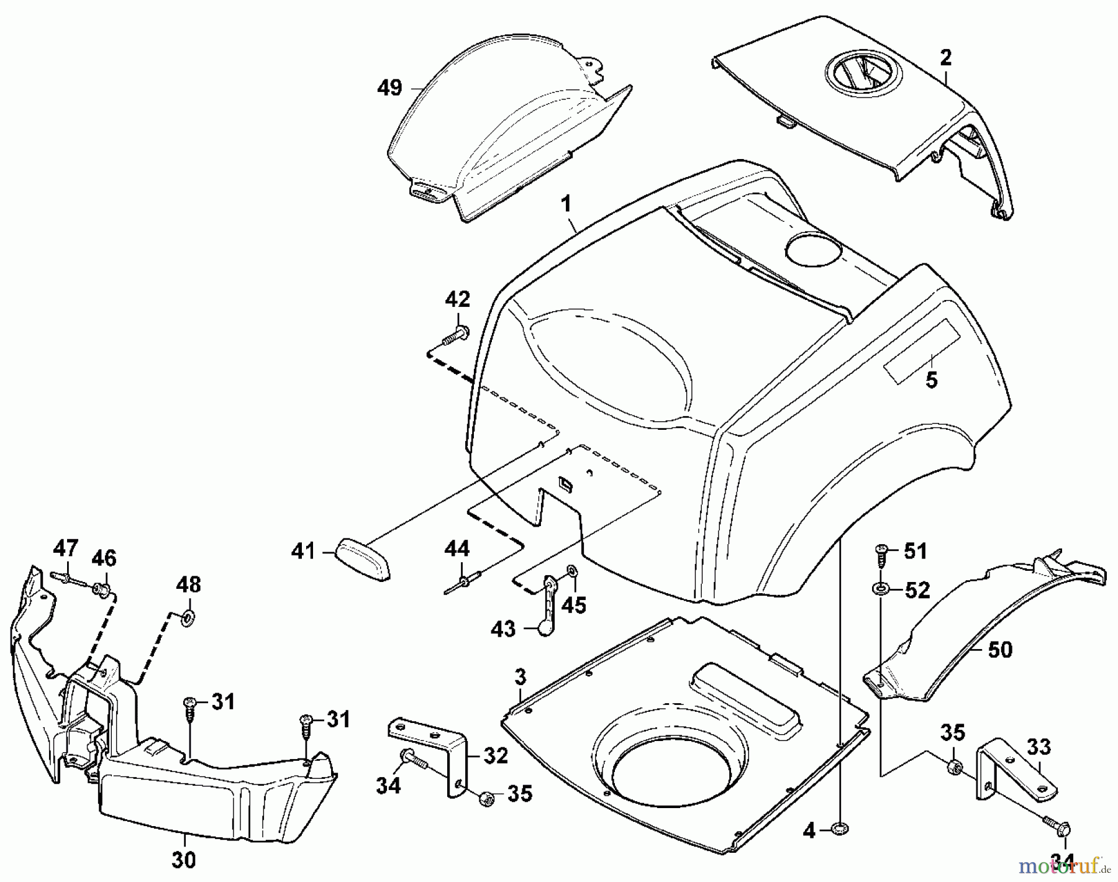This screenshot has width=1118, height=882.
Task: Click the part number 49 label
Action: pos(389,88)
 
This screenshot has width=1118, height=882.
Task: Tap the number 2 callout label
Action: pos(945,58)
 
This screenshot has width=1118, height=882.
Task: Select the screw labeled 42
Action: pos(455,335)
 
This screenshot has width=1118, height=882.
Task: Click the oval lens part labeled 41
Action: pos(364,560)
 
